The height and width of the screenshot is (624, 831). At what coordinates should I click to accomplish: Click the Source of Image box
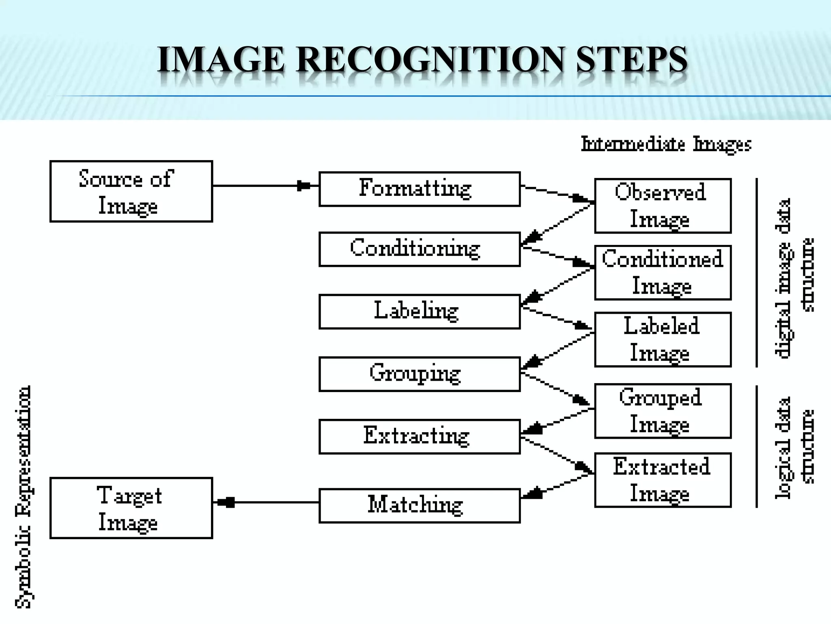click(x=131, y=191)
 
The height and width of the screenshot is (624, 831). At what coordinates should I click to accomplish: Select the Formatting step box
click(x=419, y=189)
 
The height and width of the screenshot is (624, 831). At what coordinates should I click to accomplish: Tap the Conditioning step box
click(x=419, y=249)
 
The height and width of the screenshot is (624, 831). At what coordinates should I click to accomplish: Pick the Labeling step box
click(x=419, y=312)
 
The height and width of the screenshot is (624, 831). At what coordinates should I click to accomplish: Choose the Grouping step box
click(x=419, y=374)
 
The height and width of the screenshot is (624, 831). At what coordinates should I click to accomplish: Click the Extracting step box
click(x=419, y=436)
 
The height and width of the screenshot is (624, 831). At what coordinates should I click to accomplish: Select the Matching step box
click(x=419, y=505)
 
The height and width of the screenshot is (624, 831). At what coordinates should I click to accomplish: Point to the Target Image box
click(x=131, y=508)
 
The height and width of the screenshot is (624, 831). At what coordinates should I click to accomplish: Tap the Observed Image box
click(x=663, y=206)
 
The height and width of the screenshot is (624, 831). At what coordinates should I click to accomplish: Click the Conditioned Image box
click(x=663, y=273)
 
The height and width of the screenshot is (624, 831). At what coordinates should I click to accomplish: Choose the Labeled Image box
click(x=663, y=340)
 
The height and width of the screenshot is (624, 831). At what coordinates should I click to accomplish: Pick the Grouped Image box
click(x=663, y=411)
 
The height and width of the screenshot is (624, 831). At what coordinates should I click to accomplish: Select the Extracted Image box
click(x=663, y=480)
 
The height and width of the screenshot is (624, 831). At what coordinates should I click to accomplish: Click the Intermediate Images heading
click(x=666, y=144)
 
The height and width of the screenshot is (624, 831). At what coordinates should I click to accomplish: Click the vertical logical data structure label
click(x=794, y=447)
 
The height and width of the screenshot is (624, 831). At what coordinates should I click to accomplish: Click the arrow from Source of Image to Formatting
click(x=265, y=186)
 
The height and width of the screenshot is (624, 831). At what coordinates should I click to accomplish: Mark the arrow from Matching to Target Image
click(x=265, y=503)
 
